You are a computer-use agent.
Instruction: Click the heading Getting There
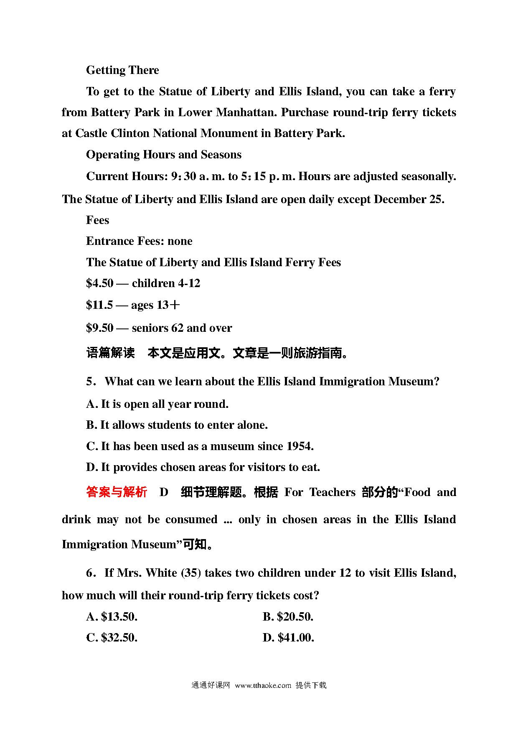tap(122, 70)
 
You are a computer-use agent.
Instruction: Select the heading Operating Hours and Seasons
tap(164, 155)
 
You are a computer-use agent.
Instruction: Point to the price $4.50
tap(99, 283)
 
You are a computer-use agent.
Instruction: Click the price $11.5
tap(99, 305)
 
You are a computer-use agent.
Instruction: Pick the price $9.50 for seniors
tap(99, 328)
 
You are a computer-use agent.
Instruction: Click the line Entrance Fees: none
tap(139, 241)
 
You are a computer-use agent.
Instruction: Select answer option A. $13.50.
tap(112, 617)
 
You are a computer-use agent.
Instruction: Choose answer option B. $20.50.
tap(288, 617)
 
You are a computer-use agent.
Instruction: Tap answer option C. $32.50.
tap(112, 638)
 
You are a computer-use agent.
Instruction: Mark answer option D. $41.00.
tap(288, 638)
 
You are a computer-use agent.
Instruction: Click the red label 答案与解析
tap(117, 492)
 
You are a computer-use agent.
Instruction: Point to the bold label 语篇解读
tap(110, 353)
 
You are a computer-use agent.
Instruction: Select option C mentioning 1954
tap(200, 446)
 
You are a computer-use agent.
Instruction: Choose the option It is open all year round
tap(157, 404)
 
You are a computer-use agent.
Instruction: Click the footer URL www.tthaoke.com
tap(263, 685)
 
